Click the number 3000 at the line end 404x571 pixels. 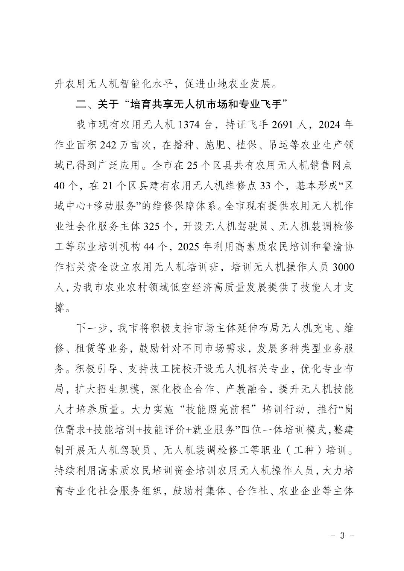pos(342,267)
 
